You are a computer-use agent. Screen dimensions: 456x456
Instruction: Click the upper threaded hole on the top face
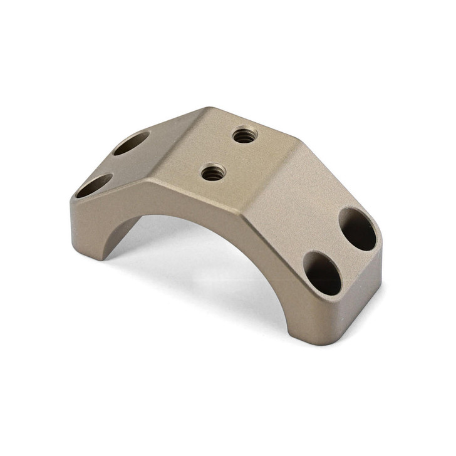(x=244, y=135)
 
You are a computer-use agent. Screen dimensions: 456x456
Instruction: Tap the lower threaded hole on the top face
(x=214, y=172)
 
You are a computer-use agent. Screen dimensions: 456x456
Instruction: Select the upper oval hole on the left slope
(x=132, y=143)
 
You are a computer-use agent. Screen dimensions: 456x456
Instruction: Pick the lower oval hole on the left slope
(x=95, y=186)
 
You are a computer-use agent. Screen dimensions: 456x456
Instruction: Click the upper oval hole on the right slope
(x=358, y=229)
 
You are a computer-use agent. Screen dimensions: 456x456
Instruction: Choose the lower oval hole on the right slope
(x=322, y=272)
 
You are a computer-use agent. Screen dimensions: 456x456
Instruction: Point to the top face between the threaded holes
(x=229, y=153)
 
